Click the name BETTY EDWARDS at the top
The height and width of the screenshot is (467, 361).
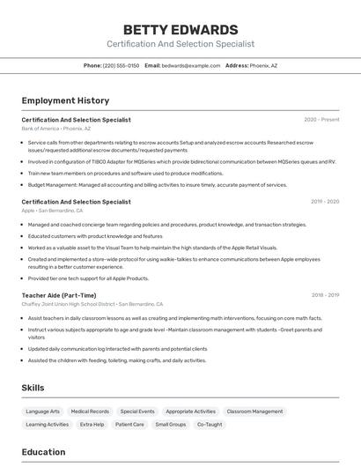[x=180, y=29]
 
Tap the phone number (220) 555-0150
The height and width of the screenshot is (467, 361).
[x=121, y=65]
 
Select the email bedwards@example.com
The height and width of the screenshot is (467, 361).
[x=191, y=65]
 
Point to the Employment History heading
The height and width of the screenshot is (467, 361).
[x=65, y=100]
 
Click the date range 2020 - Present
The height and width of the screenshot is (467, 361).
[x=321, y=120]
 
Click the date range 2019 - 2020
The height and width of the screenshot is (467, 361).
[x=325, y=202]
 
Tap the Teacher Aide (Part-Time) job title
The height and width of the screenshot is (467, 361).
[x=59, y=295]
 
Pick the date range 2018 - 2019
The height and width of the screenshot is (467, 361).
[x=325, y=295]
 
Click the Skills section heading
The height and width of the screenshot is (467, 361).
[x=33, y=388]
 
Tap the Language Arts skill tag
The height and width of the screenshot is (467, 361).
[x=43, y=411]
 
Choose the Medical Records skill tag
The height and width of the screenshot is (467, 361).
[x=90, y=411]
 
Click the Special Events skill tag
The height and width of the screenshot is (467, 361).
[x=137, y=411]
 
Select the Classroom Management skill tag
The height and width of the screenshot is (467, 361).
[x=255, y=411]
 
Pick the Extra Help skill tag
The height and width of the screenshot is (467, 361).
[x=92, y=425]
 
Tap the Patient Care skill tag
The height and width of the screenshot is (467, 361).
[x=129, y=425]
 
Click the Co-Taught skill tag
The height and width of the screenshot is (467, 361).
[x=210, y=425]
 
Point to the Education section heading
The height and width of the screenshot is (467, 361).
[x=44, y=452]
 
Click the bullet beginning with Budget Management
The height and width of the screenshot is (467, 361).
[x=158, y=185]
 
